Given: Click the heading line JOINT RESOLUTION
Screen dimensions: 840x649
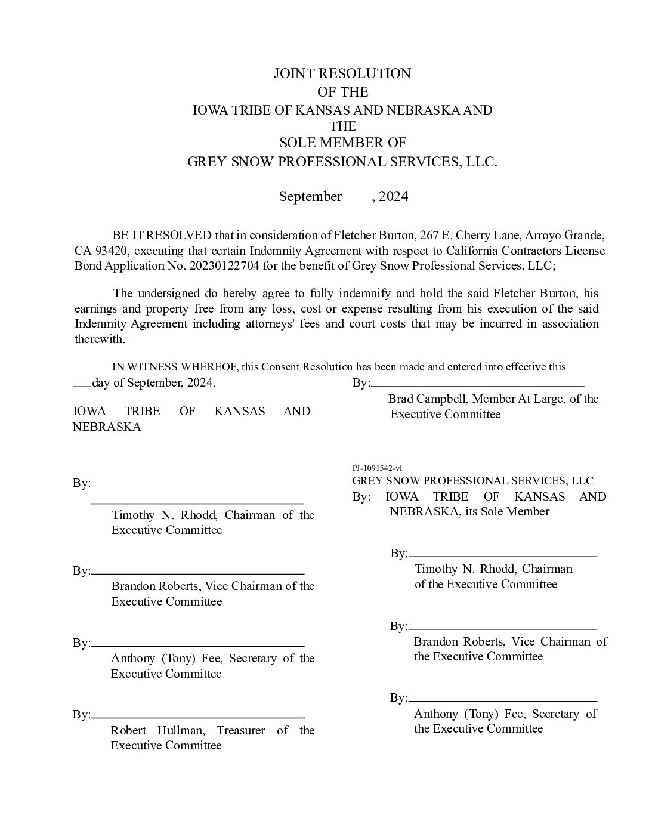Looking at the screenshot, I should click(x=342, y=73).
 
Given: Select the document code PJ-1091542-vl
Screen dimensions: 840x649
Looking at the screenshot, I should click(x=377, y=468).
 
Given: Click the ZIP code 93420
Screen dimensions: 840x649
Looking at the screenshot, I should click(x=109, y=251).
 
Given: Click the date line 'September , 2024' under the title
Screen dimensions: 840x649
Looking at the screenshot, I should click(x=343, y=197).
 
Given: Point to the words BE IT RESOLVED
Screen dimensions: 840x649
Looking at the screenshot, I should click(x=162, y=235).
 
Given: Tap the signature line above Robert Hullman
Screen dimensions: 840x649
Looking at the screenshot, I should click(x=198, y=716).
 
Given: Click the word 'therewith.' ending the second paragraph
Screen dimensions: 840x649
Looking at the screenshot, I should click(x=100, y=339).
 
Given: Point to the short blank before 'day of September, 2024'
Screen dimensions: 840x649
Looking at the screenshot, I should click(x=82, y=386).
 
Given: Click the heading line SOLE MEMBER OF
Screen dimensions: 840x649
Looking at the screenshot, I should click(x=342, y=143).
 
